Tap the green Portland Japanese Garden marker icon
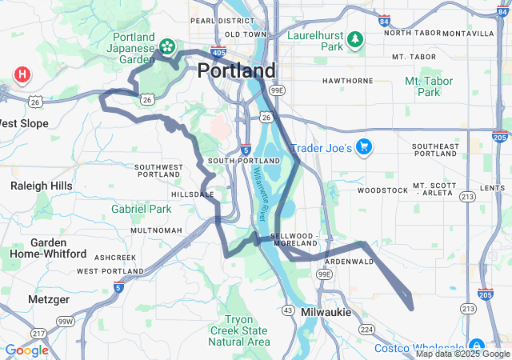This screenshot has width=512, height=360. pos(168,46)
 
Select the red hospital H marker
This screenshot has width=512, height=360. pos(22,75)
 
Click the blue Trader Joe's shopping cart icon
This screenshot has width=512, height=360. pos(364,146)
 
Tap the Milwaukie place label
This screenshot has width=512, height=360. pos(326,312)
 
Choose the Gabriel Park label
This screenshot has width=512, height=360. pos(142,209)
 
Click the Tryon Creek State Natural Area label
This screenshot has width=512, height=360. pos(239,330)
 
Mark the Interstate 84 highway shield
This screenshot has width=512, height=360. pos(385,22)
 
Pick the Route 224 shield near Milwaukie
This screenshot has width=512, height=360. pos(367,329)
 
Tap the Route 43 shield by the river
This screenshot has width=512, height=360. pos(288,310)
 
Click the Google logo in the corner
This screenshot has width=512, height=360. pos(26,350)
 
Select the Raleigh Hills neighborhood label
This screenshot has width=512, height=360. pos(42,186)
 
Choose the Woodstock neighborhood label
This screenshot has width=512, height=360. pos(382,190)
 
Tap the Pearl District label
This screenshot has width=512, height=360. pos(222,19)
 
